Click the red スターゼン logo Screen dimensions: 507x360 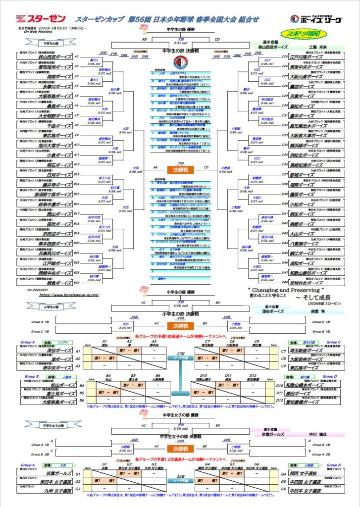(x=34, y=19)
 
